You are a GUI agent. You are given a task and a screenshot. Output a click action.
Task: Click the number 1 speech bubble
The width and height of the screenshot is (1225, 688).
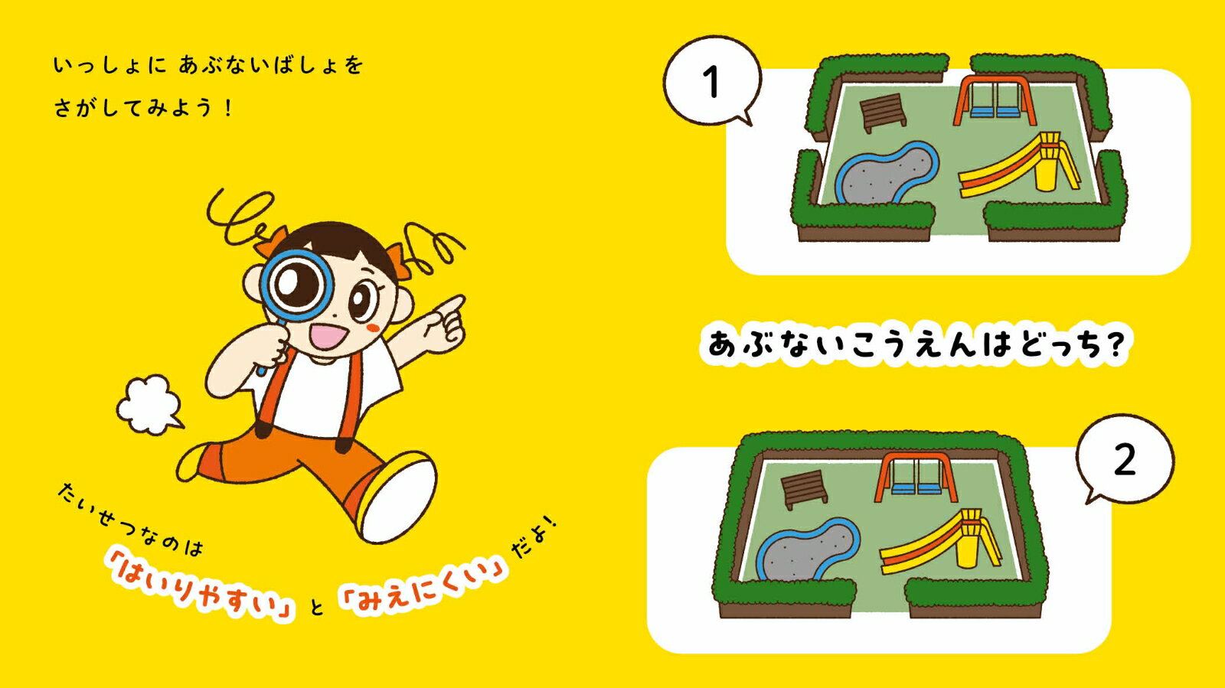[712, 81]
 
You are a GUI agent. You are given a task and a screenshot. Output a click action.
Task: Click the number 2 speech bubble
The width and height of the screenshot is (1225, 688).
[1125, 460]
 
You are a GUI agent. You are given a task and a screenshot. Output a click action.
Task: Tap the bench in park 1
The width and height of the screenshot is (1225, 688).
[882, 112]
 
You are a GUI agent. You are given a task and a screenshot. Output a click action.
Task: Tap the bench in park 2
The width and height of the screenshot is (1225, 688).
[803, 489]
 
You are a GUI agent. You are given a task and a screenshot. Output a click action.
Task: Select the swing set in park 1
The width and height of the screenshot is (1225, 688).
[995, 100]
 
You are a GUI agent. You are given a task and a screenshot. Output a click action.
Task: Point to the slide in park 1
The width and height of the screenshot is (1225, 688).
[1019, 165]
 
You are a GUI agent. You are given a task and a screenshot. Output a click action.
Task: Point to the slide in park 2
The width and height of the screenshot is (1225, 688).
[941, 542]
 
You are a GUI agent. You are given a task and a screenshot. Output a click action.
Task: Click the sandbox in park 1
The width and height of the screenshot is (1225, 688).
[887, 173]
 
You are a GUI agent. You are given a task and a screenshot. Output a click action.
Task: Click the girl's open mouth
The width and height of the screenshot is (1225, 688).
[326, 336]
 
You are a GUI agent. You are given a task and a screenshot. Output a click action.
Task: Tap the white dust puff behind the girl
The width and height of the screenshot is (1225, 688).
[149, 404]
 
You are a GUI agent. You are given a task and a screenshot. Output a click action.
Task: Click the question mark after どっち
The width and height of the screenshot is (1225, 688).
[1113, 344]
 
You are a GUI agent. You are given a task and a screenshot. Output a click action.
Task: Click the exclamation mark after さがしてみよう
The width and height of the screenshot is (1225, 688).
[229, 108]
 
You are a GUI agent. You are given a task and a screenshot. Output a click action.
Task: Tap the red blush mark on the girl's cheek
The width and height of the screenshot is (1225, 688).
[373, 327]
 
